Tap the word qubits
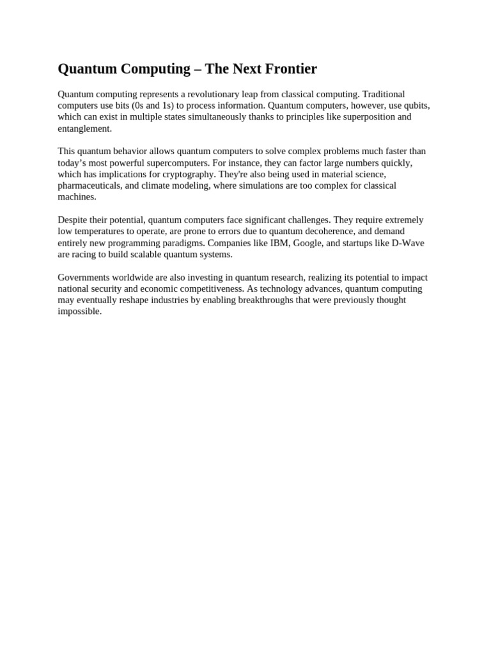point(414,106)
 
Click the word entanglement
point(84,129)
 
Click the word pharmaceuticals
point(86,185)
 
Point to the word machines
point(76,197)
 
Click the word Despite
point(72,220)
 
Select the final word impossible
point(79,312)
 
